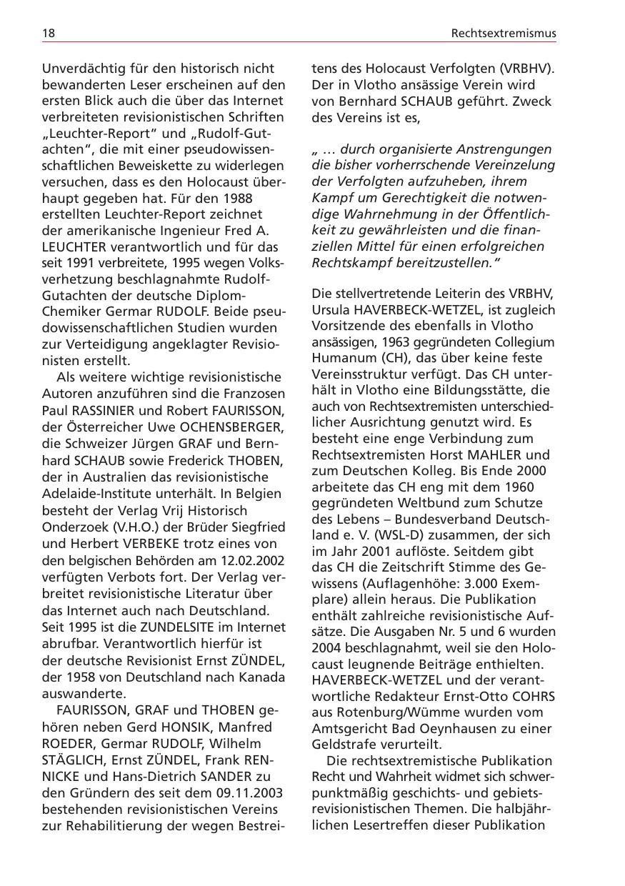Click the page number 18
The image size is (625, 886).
point(49,33)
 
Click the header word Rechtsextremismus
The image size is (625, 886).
point(504,33)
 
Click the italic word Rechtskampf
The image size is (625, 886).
point(347,262)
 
